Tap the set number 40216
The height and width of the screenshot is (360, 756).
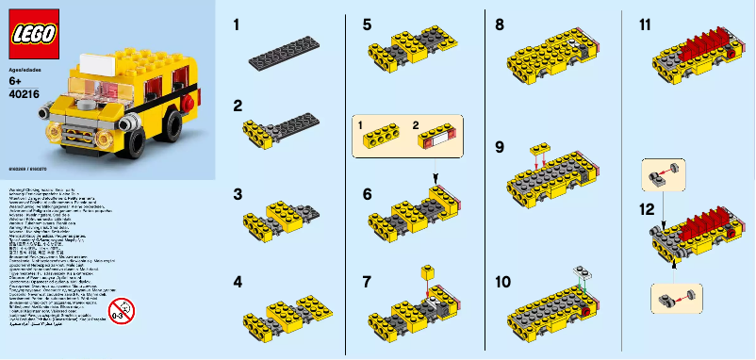[24, 93]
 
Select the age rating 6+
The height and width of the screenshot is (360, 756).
[15, 82]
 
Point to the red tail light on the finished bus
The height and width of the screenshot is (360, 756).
[189, 101]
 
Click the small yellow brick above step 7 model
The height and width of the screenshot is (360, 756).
[425, 271]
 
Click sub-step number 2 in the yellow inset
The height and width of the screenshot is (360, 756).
[419, 123]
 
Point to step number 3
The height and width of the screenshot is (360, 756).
[238, 194]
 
